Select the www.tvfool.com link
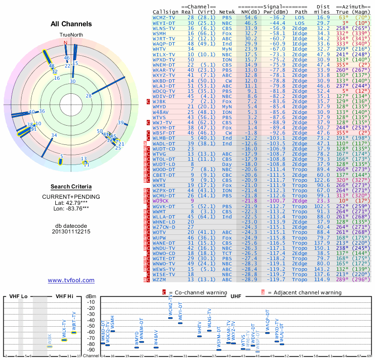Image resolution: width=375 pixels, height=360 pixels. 71,280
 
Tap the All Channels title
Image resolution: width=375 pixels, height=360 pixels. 71,24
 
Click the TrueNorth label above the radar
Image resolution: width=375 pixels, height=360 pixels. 70,35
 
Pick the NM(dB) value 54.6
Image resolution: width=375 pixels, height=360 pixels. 250,17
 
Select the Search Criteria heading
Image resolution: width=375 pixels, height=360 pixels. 71,187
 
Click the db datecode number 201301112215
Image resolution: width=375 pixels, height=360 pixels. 71,232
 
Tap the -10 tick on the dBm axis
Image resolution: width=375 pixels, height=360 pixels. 91,302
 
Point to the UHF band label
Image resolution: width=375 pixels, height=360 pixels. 236,296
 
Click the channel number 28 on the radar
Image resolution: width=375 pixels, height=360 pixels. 88,96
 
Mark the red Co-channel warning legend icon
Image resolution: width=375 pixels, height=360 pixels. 164,292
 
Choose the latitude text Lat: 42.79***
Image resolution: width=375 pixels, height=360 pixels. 71,202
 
